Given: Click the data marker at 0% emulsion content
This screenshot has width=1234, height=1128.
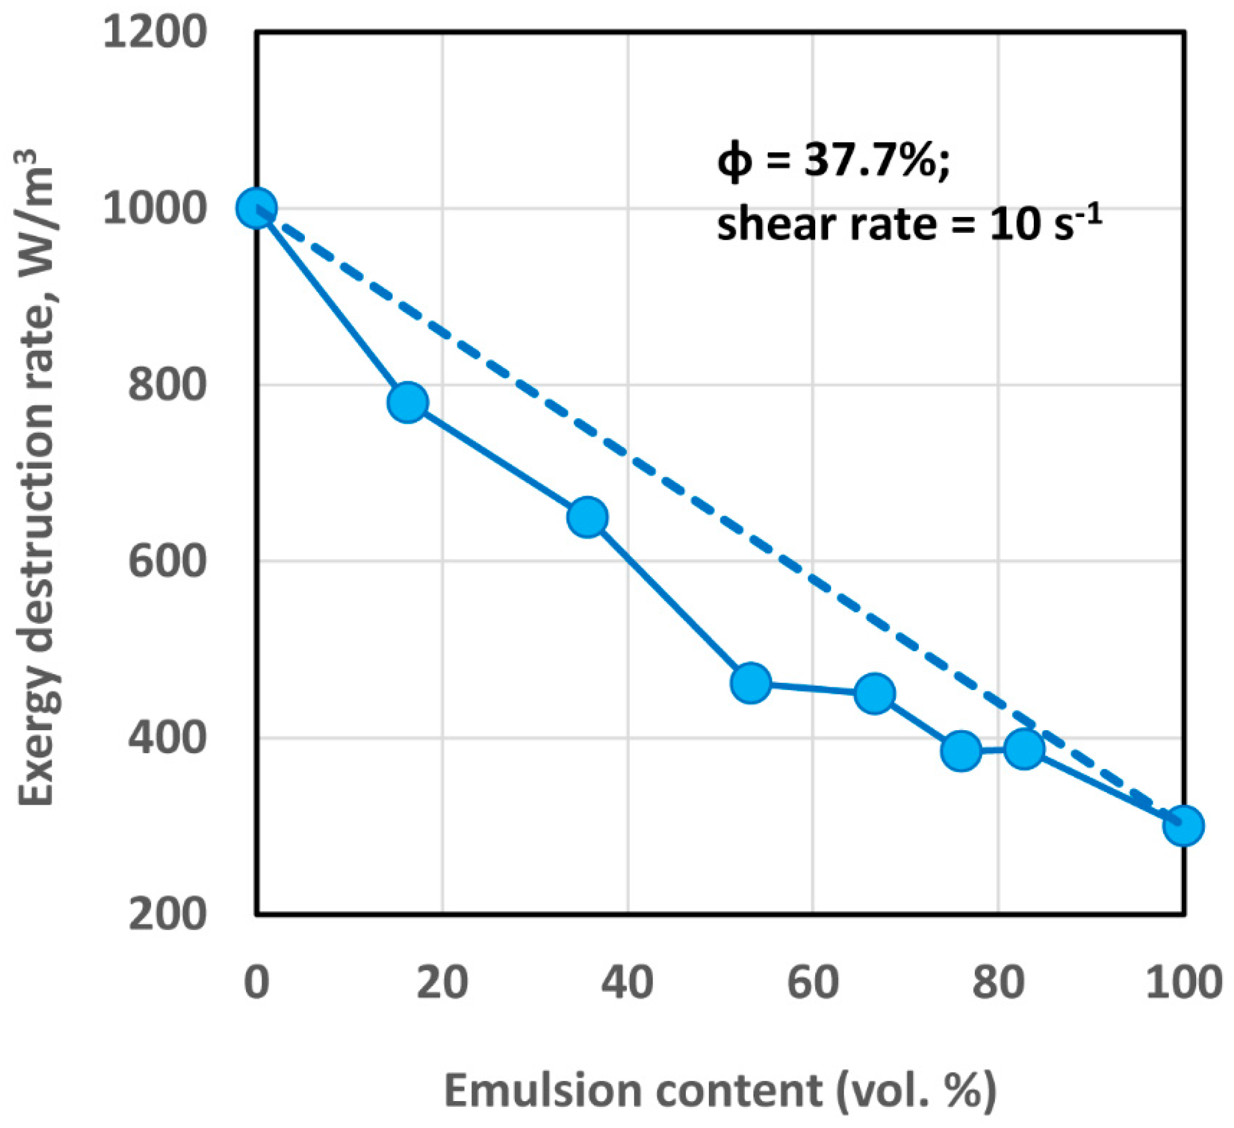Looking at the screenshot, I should pos(256,208).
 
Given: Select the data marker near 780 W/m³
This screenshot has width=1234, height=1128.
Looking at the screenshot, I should pos(408,403).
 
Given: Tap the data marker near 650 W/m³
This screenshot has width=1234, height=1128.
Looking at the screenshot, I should pos(588,517).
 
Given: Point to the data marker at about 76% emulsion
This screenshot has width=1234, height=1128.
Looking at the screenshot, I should pos(961,750).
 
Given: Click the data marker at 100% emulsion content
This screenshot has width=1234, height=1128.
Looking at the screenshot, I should pos(1184,825).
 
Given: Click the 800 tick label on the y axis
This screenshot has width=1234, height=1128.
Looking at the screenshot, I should pos(165,386).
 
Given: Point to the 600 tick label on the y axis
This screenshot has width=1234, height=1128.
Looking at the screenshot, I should pos(165,561).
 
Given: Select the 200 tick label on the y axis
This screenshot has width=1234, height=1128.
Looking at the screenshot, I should pos(165,915).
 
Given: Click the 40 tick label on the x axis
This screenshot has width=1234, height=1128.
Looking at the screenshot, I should pos(627,983).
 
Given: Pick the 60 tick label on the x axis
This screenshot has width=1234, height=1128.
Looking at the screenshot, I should pos(812,983).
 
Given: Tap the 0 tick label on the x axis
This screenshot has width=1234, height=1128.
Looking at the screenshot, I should pos(256,983).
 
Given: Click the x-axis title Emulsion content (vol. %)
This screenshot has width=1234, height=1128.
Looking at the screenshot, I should pos(720,1091).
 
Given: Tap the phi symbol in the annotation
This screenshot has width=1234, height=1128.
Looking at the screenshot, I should pos(734,163).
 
